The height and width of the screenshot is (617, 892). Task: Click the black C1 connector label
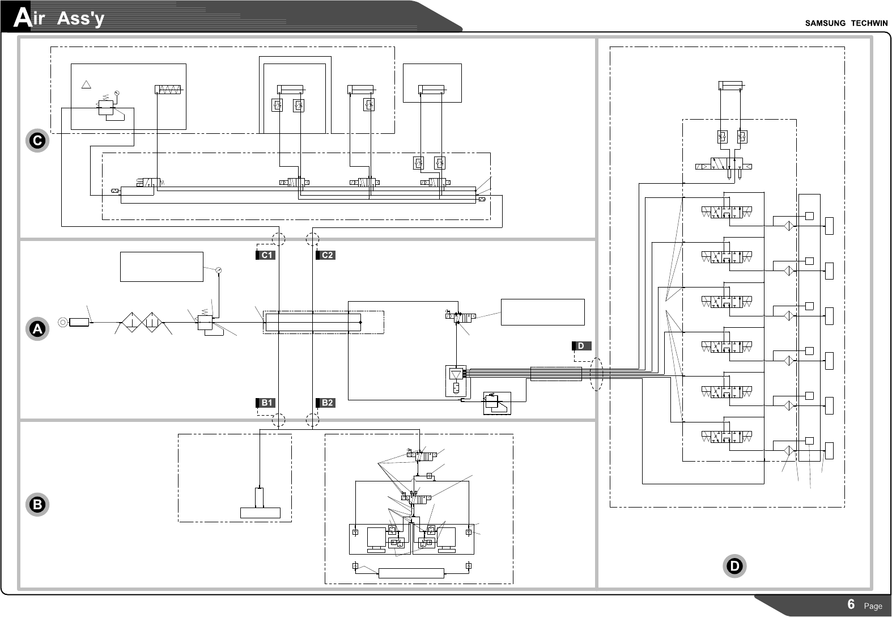click(265, 255)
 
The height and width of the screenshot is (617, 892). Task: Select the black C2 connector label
click(326, 255)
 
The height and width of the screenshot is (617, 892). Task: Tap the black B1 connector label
click(265, 403)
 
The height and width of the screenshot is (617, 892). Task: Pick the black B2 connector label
click(326, 403)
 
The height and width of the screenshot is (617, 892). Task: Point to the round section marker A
click(38, 329)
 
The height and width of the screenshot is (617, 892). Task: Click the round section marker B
click(38, 505)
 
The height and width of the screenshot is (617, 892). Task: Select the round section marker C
click(38, 141)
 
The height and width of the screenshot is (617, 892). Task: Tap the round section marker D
click(734, 566)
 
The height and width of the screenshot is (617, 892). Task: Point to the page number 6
click(851, 604)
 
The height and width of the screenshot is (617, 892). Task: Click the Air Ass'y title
click(60, 19)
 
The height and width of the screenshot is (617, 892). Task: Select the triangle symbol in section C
click(86, 85)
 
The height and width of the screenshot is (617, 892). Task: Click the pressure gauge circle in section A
click(218, 270)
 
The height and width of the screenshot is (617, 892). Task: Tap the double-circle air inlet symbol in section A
click(62, 323)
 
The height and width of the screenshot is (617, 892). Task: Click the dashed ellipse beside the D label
click(596, 374)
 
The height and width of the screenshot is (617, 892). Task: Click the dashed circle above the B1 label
click(278, 420)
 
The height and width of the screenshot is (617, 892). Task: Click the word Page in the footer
click(873, 606)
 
